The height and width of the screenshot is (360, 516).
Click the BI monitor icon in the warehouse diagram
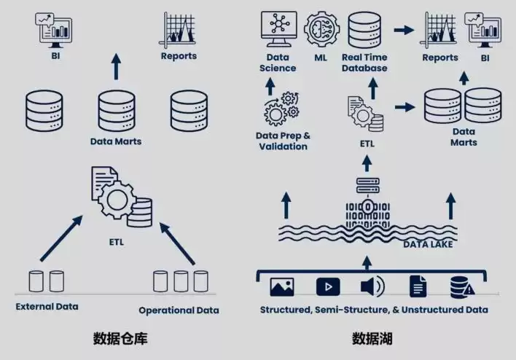click(x=55, y=27)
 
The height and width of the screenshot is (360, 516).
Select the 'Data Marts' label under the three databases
click(x=116, y=141)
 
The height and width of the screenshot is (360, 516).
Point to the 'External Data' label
click(x=47, y=306)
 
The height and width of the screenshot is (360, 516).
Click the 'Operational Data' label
click(x=179, y=310)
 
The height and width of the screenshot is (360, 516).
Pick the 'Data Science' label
click(x=278, y=63)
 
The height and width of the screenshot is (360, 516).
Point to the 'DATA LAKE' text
click(x=427, y=244)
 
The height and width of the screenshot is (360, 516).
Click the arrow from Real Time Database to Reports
click(x=403, y=30)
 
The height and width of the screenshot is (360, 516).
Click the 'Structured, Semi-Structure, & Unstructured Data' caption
click(x=374, y=309)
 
